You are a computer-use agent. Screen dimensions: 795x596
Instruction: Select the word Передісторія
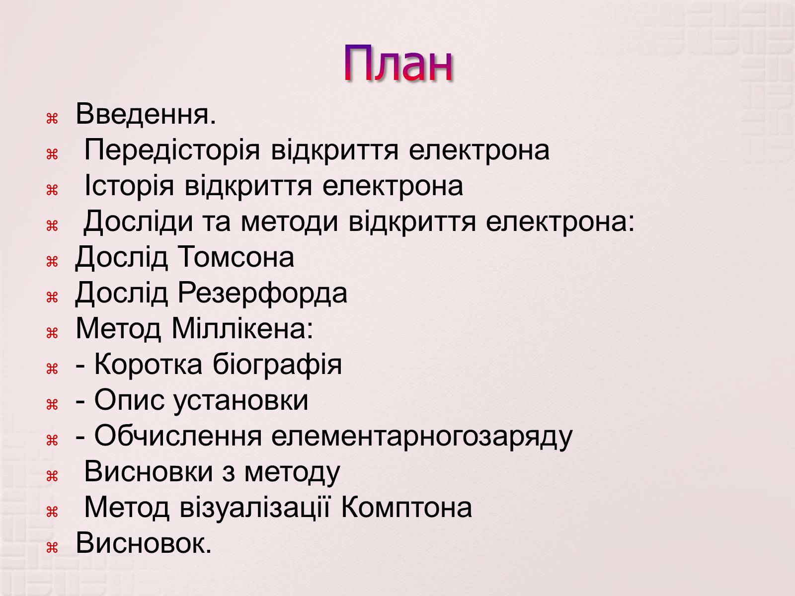[x=172, y=150]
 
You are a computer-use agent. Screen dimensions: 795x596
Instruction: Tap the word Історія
[x=129, y=186]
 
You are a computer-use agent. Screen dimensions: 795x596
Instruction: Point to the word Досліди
[x=138, y=222]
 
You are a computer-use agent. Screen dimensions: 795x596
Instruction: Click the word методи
[x=289, y=222]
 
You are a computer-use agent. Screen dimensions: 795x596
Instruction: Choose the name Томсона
[x=236, y=257]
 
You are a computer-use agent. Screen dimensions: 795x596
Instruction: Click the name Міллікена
[x=242, y=329]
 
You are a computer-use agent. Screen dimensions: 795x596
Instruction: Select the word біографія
[x=277, y=365]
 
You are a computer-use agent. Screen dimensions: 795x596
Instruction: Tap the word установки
[x=240, y=401]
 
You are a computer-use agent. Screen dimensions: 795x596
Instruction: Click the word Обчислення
[x=178, y=436]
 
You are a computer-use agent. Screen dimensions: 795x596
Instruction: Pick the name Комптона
[x=406, y=508]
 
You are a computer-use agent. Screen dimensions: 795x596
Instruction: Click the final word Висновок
[x=144, y=543]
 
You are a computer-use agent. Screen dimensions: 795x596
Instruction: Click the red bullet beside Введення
[x=52, y=119]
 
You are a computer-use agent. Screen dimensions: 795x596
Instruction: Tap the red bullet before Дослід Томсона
[x=52, y=262]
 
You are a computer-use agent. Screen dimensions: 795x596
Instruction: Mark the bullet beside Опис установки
[x=52, y=405]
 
